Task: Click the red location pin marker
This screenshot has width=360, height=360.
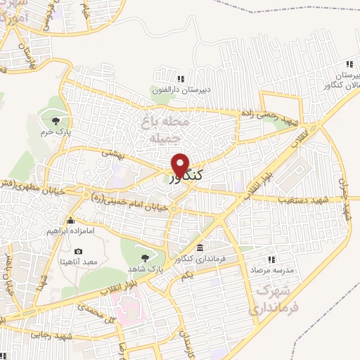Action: (181, 165)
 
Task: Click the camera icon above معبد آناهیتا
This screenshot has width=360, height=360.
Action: (77, 252)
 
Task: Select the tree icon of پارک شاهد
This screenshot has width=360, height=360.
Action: (145, 257)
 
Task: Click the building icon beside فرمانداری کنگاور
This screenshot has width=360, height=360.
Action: (200, 248)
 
